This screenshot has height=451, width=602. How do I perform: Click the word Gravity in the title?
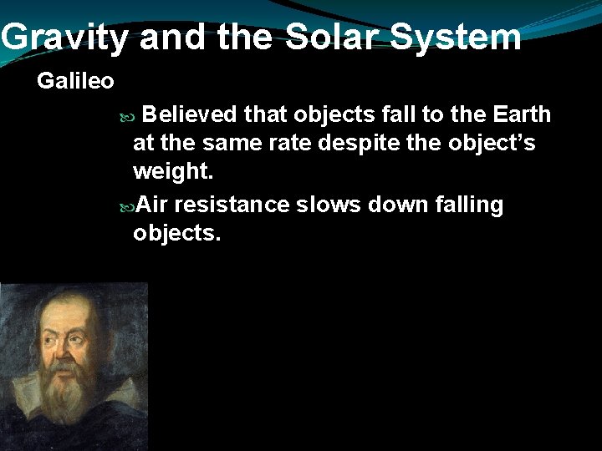(x=65, y=37)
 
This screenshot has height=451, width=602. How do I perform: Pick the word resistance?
(x=232, y=205)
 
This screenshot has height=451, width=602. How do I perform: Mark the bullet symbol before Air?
(x=126, y=205)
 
